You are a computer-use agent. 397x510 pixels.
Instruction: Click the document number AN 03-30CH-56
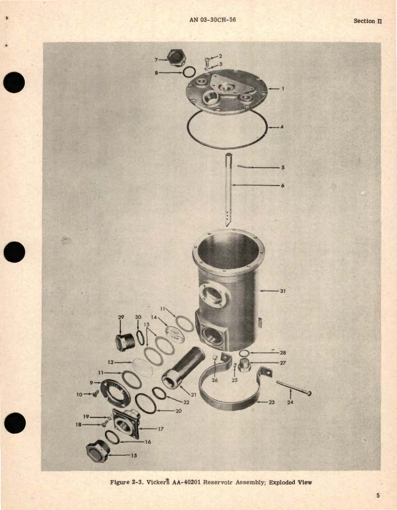pos(212,20)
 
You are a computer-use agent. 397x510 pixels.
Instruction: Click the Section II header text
pos(368,21)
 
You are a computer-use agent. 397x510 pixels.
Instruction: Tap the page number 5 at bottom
pos(378,495)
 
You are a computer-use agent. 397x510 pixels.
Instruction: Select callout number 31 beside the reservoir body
pos(283,291)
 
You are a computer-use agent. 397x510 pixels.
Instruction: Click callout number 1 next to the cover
pos(283,89)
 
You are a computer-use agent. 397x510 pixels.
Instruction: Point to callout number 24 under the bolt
pos(290,402)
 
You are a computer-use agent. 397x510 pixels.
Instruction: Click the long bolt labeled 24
pos(294,388)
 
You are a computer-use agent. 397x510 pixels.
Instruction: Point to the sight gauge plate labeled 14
pos(175,334)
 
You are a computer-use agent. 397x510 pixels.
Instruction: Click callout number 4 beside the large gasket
pos(282,127)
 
